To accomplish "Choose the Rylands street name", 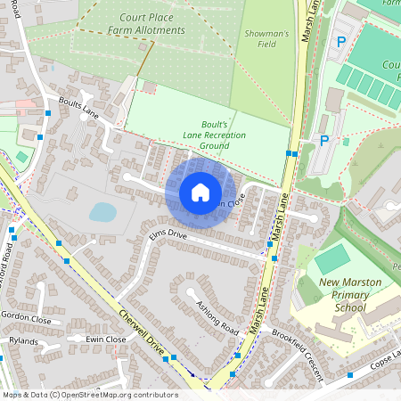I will tap(23, 340).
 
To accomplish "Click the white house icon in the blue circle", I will tap(200, 192).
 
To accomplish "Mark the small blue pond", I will tap(102, 212).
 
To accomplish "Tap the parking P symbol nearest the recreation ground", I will tap(324, 140).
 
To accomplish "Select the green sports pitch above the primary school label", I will tap(331, 259).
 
